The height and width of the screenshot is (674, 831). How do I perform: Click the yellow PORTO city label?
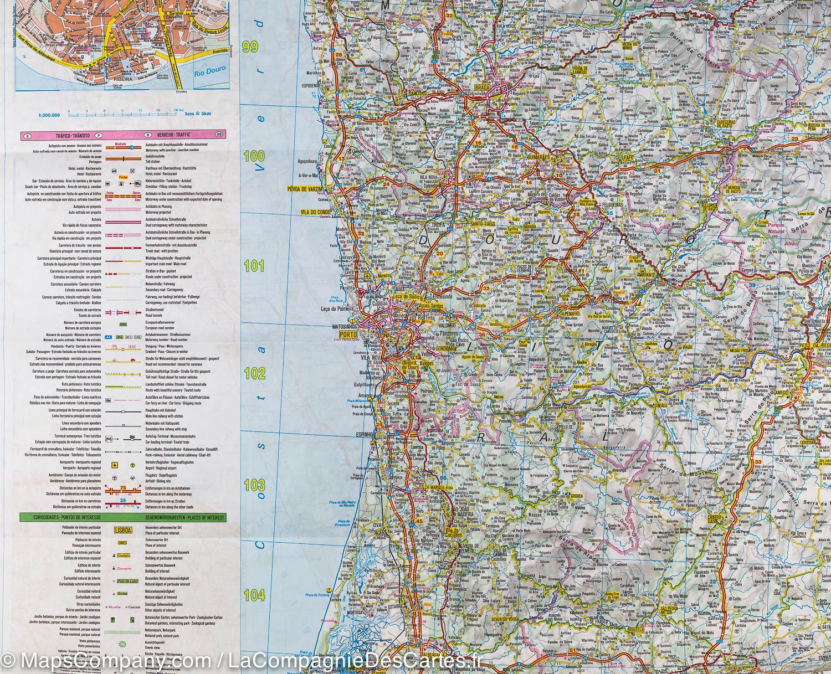pyautogui.click(x=347, y=335)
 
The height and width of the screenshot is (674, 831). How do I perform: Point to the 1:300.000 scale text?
pyautogui.click(x=49, y=115)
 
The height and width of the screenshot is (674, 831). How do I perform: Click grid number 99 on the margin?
pyautogui.click(x=250, y=47)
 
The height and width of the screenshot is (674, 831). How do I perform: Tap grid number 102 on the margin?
pyautogui.click(x=255, y=373)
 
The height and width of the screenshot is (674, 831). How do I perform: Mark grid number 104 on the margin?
pyautogui.click(x=254, y=595)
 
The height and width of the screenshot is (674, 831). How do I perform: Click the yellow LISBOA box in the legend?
pyautogui.click(x=124, y=529)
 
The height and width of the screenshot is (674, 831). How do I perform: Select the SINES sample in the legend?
pyautogui.click(x=124, y=543)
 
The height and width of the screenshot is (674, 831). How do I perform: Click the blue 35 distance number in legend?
pyautogui.click(x=124, y=500)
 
